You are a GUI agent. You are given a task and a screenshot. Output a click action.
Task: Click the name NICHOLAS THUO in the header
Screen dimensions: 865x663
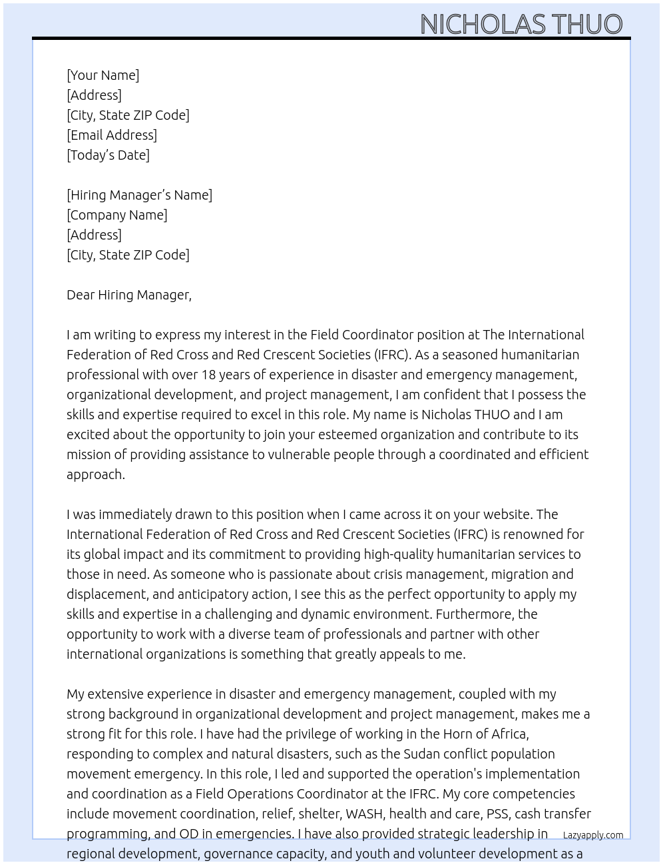click(x=521, y=24)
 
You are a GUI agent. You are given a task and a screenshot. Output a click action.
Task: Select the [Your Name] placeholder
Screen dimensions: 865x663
click(x=103, y=75)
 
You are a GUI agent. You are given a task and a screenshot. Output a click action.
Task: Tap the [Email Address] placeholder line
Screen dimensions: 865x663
click(x=112, y=135)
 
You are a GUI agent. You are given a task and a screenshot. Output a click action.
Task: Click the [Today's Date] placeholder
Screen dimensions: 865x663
click(x=108, y=155)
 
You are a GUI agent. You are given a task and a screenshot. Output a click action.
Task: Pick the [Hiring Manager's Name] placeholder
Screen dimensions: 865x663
click(x=139, y=195)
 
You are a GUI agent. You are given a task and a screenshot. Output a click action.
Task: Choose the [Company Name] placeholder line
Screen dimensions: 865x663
click(x=117, y=215)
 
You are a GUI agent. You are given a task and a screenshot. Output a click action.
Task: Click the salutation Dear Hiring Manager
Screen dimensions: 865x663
click(x=128, y=295)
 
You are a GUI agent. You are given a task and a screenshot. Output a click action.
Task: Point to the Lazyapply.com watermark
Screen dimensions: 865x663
click(x=593, y=835)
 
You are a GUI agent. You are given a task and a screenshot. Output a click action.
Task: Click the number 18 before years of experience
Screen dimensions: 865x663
click(x=208, y=375)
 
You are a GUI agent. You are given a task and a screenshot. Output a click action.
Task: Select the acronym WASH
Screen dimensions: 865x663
click(x=363, y=814)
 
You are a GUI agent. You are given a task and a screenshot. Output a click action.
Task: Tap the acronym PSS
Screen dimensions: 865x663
click(x=497, y=814)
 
